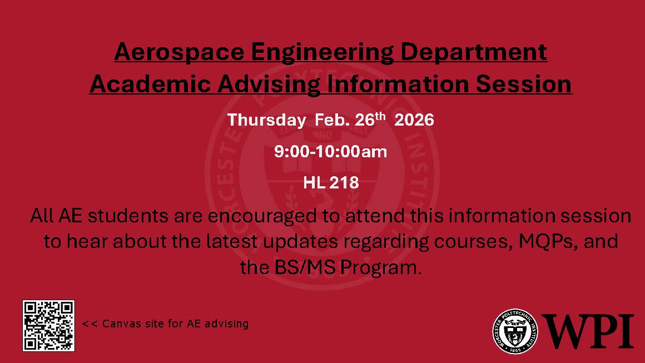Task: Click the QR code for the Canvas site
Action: (x=48, y=325)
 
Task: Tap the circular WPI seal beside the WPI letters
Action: (x=515, y=330)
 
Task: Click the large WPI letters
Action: (x=588, y=331)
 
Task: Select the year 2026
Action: (x=414, y=120)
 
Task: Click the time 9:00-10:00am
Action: (x=330, y=152)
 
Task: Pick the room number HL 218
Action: (x=331, y=182)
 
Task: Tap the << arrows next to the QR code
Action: (x=90, y=324)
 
